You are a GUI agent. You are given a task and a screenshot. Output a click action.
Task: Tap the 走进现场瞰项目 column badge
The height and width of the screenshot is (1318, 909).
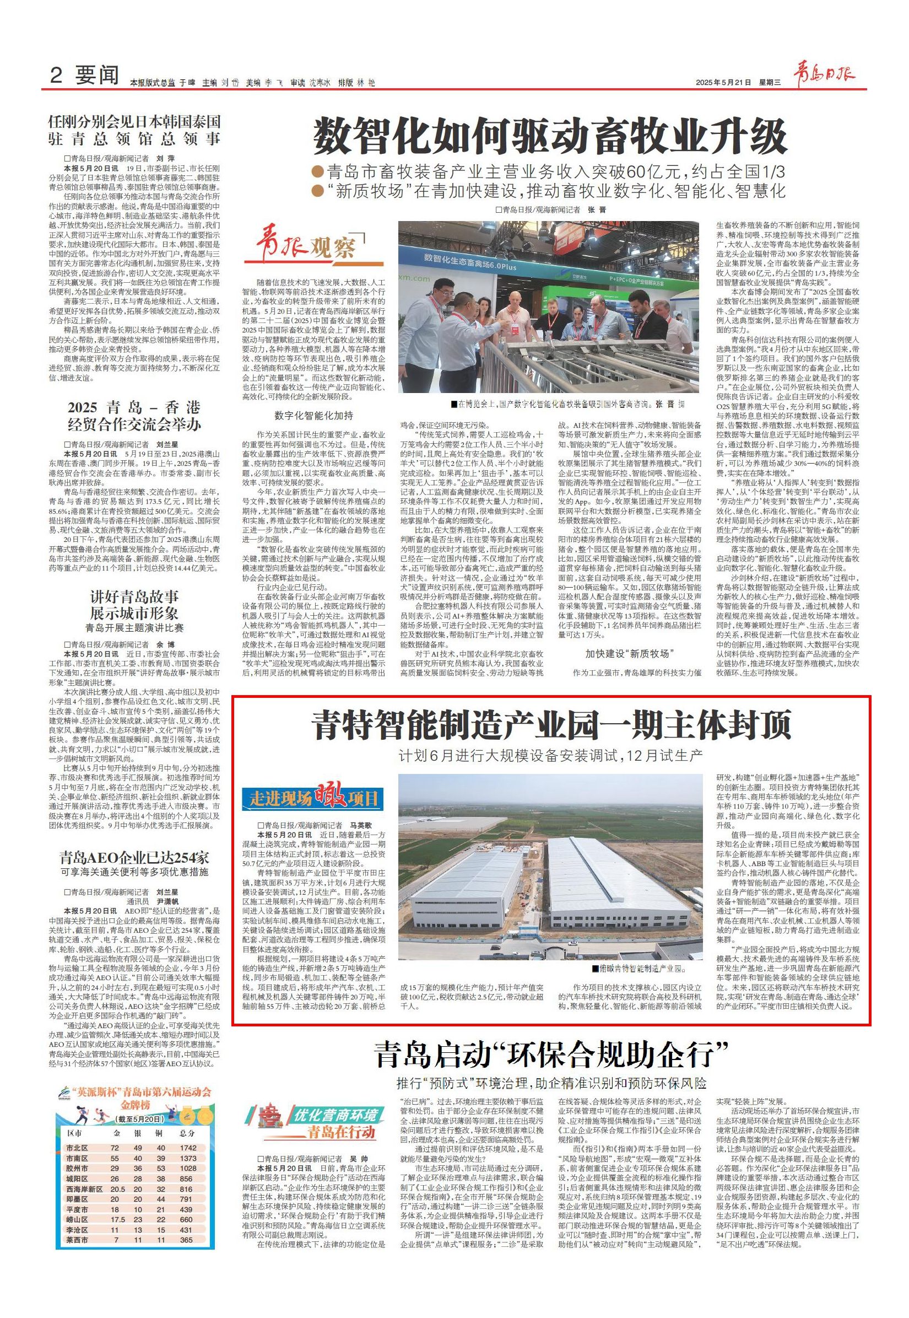(315, 799)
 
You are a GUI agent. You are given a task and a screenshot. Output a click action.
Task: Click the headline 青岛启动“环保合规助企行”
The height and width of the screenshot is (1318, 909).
(552, 1054)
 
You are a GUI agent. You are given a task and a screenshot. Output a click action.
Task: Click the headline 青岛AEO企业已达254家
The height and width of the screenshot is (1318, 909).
(134, 858)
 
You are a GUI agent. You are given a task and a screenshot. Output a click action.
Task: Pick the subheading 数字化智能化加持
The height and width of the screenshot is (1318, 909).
(313, 415)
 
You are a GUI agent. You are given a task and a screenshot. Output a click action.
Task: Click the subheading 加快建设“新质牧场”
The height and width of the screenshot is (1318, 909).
(629, 653)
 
